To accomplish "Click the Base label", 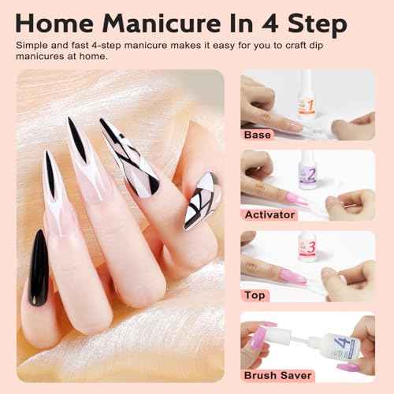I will point(258,136).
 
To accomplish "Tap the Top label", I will point(255,295).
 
